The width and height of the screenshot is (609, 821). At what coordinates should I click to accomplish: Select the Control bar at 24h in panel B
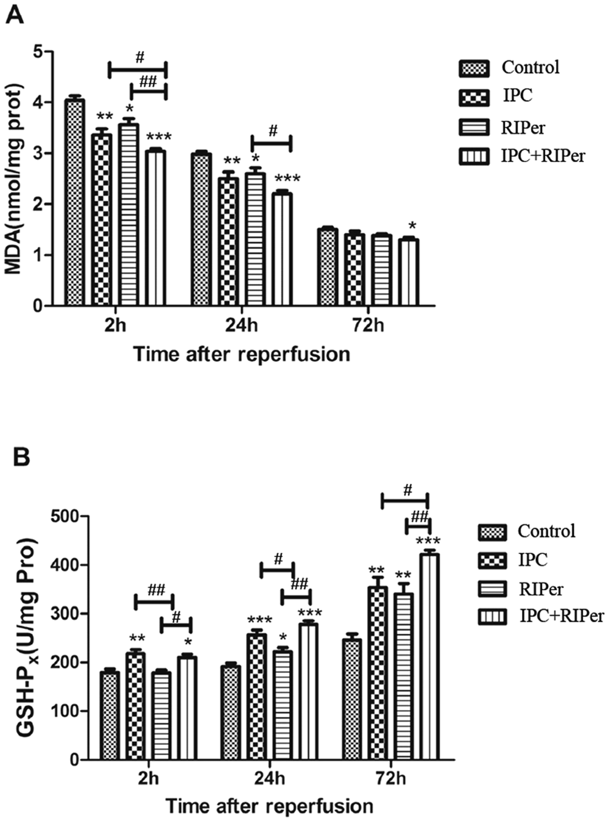click(231, 713)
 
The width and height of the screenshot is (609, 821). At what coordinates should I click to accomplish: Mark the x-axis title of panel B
click(269, 806)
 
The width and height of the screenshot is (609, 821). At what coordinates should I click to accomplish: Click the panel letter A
click(15, 15)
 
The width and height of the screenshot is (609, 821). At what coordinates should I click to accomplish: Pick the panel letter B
click(21, 458)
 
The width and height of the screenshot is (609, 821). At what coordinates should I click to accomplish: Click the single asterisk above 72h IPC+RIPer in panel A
click(412, 227)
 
